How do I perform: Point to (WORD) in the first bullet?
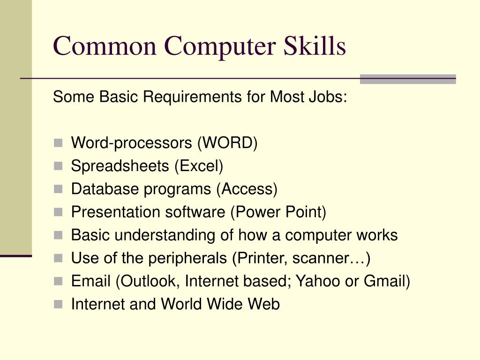pos(227,143)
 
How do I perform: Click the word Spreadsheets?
pos(120,166)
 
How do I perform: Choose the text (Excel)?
pos(199,166)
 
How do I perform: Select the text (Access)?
pos(247,189)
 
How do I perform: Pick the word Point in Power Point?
pos(305,212)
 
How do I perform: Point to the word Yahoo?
pos(325,281)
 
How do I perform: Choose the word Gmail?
pos(386,281)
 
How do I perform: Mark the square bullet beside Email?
pos(58,281)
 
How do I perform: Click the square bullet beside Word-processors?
pos(58,143)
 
